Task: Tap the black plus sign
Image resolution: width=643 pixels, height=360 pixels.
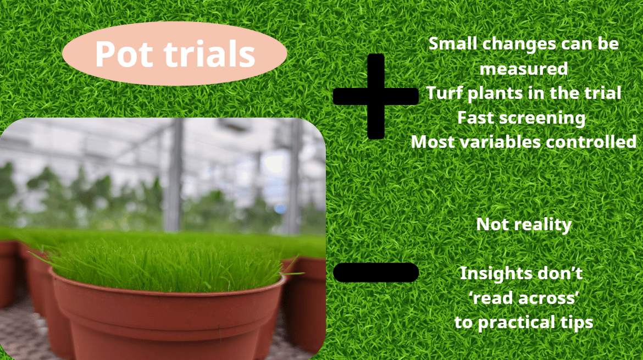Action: [x=375, y=96]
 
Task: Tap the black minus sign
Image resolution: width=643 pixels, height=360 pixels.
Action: [x=376, y=272]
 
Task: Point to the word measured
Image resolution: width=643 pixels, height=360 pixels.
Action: [x=523, y=68]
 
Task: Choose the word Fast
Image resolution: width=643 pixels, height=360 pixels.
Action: [x=476, y=117]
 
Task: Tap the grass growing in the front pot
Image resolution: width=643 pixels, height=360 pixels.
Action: [x=165, y=258]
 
